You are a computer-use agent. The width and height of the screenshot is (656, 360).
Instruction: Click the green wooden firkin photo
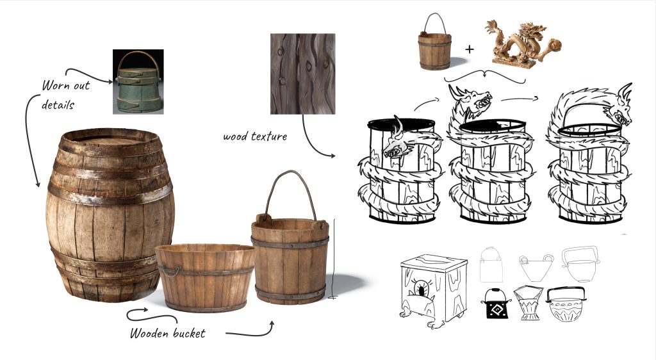coord(138,81)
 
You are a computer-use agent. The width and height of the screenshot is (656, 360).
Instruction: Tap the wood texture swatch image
coord(302,74)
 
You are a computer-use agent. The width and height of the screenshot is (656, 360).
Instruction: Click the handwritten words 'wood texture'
coord(255,136)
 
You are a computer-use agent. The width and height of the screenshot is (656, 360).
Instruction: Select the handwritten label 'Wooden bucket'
coord(167,333)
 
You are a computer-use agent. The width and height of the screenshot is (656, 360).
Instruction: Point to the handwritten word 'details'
coord(58,104)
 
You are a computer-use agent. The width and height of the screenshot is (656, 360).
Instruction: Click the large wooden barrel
coord(110,215)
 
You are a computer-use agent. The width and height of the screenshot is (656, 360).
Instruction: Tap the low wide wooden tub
coord(204,277)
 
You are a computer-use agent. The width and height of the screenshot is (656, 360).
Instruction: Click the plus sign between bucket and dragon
coord(470,49)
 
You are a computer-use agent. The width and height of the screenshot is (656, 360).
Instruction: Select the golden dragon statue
coord(523,45)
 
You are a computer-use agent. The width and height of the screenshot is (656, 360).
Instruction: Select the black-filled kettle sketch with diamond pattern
coord(496,304)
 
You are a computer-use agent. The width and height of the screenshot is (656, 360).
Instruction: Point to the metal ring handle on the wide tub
coord(169,271)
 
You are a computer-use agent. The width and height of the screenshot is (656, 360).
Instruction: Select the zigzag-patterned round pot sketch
coord(565,304)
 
